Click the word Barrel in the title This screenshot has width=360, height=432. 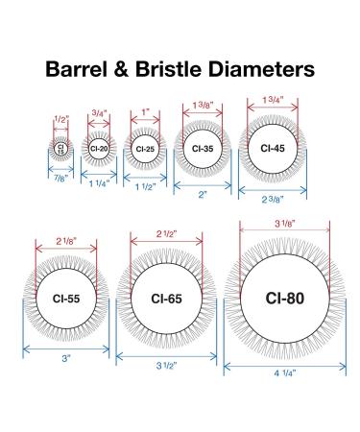coord(77,69)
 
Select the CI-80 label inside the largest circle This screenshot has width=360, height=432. coord(285,299)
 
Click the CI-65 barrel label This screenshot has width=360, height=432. coord(166,299)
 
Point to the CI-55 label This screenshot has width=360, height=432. coord(66,299)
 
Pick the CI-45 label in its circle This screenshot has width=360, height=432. coord(273,148)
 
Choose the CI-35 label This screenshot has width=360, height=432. coord(203,149)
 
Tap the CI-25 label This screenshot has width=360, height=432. coord(145,149)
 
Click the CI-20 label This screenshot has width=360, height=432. coord(99,149)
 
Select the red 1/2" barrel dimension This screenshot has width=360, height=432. coord(61,120)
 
